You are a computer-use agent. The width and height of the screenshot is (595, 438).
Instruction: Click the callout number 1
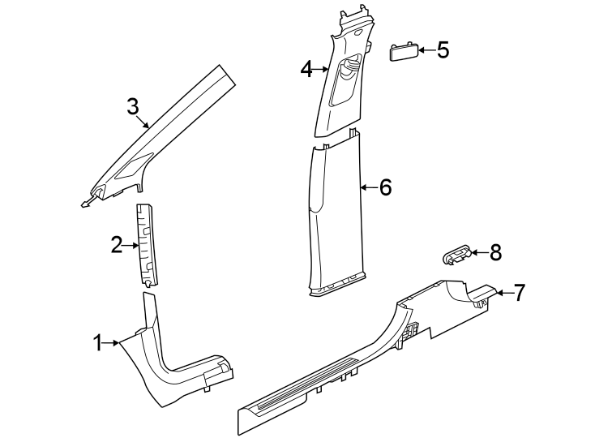[98, 343]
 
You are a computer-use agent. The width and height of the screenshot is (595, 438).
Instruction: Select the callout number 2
[117, 243]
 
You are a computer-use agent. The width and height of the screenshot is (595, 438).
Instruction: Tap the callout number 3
[133, 106]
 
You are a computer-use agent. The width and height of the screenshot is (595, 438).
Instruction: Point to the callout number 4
[306, 70]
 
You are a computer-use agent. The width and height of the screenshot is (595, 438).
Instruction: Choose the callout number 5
[443, 49]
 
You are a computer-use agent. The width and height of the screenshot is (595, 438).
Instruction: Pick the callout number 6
[385, 187]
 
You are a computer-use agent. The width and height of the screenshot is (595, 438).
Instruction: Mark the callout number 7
[519, 292]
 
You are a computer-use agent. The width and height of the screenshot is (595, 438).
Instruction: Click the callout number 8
[496, 253]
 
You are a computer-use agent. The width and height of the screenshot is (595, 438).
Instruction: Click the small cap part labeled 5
[404, 52]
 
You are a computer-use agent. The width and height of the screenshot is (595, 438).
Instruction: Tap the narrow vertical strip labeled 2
[147, 243]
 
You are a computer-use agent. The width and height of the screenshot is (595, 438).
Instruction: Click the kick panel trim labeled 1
[174, 365]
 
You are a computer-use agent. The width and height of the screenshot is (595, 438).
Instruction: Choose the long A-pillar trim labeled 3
[166, 130]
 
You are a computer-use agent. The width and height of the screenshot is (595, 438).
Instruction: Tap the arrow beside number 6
[369, 187]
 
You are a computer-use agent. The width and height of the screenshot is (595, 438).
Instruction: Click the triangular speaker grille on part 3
[131, 169]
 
